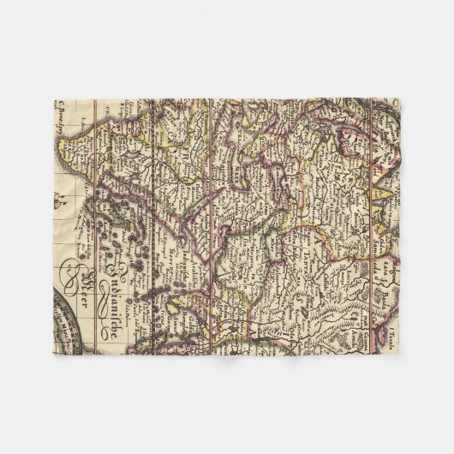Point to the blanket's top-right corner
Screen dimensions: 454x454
point(399,99)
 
